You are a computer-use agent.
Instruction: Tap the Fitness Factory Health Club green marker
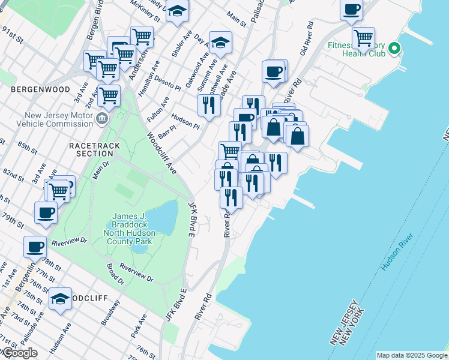[394, 48]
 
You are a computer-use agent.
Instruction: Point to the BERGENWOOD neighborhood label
[37, 89]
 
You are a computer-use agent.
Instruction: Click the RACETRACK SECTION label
[94, 149]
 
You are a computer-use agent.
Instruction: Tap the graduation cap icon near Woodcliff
[60, 299]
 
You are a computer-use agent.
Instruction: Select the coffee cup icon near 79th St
[46, 212]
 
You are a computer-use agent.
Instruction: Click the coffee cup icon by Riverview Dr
[35, 245]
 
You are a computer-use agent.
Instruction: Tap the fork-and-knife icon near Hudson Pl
[209, 105]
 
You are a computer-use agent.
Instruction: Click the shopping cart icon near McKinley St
[142, 36]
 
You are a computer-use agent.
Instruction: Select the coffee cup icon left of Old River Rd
[274, 71]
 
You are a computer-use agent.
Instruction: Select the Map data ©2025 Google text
[412, 355]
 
